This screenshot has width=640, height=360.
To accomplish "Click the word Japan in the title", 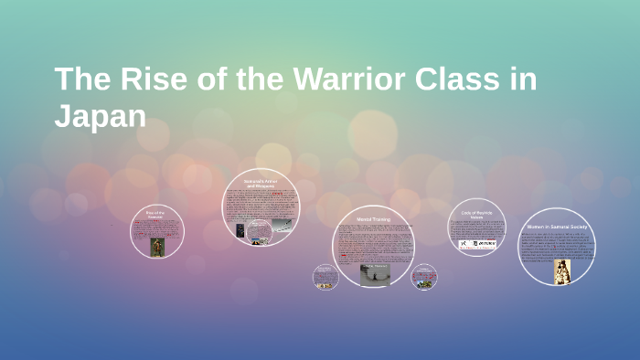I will [x=100, y=117].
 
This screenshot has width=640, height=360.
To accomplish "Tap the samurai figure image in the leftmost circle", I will [x=156, y=247].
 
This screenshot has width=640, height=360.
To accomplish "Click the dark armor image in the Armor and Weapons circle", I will [x=240, y=230].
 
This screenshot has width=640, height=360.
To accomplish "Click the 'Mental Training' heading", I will [x=373, y=220].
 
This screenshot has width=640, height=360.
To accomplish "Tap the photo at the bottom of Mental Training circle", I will [x=374, y=274].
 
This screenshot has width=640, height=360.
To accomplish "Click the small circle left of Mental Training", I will [x=325, y=277].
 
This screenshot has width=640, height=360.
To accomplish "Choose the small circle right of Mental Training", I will [x=423, y=277].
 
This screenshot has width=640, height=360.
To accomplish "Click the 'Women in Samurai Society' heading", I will [x=558, y=227].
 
